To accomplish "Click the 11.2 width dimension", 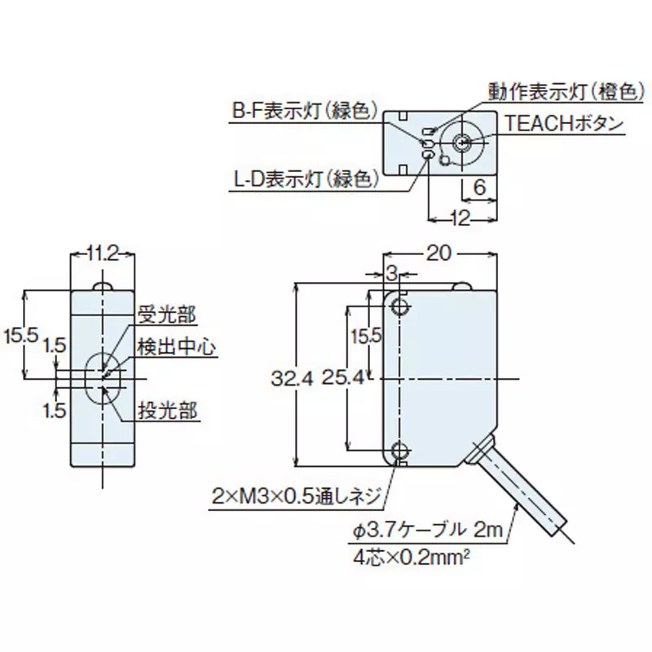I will coord(103,254).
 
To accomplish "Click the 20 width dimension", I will coord(438,253).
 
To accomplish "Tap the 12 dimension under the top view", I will coord(461,218).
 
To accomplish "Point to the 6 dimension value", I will coord(479,186).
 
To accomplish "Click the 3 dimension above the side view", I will coord(390,271).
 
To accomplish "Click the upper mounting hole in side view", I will coord(399,306).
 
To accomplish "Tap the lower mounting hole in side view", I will coord(399,451).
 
